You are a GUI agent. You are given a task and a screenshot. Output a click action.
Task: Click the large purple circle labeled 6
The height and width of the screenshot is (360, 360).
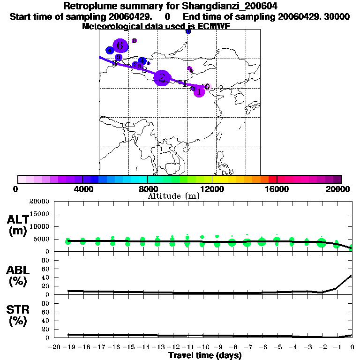(x=120, y=45)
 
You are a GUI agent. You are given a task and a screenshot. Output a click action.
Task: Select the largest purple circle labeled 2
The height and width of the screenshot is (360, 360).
(x=162, y=78)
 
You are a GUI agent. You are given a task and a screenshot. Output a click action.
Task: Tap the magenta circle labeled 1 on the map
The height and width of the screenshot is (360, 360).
(x=199, y=91)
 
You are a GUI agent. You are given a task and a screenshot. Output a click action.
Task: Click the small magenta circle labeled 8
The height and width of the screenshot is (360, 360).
(x=134, y=41)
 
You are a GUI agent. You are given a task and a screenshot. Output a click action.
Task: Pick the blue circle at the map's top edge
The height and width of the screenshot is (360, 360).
(x=188, y=31)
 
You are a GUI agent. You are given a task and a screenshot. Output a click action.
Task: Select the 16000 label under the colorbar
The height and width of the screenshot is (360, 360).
(x=277, y=189)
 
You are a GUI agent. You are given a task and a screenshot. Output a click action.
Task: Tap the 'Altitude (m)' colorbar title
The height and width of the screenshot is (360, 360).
(x=173, y=196)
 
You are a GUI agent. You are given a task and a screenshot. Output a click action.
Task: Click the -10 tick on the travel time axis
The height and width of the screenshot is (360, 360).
(x=203, y=347)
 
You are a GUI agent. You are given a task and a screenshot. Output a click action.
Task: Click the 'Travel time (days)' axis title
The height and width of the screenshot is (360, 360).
(x=205, y=355)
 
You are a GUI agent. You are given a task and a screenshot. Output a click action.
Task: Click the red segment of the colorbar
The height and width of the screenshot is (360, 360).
(x=272, y=179)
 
